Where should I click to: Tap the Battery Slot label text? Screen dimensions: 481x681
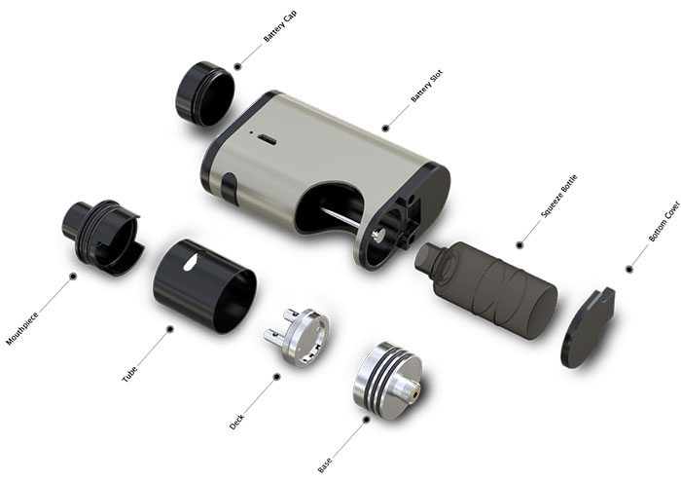(427, 86)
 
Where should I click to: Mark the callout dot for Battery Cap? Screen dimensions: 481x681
(236, 67)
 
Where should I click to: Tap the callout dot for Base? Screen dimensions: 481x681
(367, 420)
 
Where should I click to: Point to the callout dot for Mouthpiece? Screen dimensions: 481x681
(72, 277)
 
